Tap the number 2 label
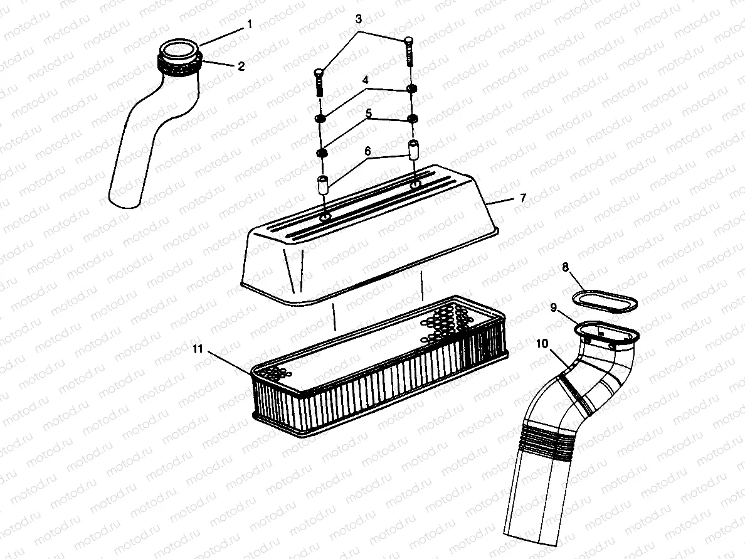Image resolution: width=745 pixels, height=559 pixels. [240, 66]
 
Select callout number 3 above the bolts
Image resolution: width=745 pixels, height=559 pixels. [358, 19]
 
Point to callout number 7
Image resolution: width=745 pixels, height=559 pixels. [523, 198]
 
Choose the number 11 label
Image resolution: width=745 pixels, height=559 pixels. [198, 349]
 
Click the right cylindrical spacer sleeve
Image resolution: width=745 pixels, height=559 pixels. [413, 151]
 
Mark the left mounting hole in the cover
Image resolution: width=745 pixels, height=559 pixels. [325, 216]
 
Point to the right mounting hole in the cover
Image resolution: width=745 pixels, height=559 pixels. [415, 185]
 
